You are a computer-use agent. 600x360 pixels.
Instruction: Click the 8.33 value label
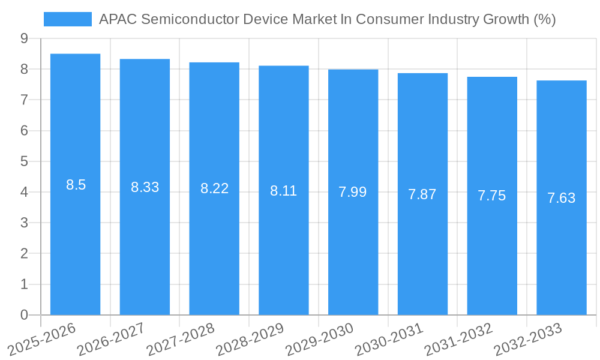point(145,187)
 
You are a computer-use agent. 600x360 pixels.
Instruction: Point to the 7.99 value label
point(353,192)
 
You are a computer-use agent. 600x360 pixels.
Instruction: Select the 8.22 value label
point(215,188)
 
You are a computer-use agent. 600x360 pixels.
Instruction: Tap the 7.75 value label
point(492,196)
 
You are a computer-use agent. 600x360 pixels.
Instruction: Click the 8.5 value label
point(76,185)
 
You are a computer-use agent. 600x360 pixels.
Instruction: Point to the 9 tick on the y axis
point(24,38)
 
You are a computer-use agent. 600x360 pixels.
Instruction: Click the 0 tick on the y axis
point(24,315)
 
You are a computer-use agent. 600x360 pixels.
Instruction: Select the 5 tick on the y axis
point(24,161)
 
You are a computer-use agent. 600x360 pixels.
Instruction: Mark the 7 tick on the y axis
point(24,100)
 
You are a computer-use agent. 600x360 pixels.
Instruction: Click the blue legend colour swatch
point(68,19)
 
